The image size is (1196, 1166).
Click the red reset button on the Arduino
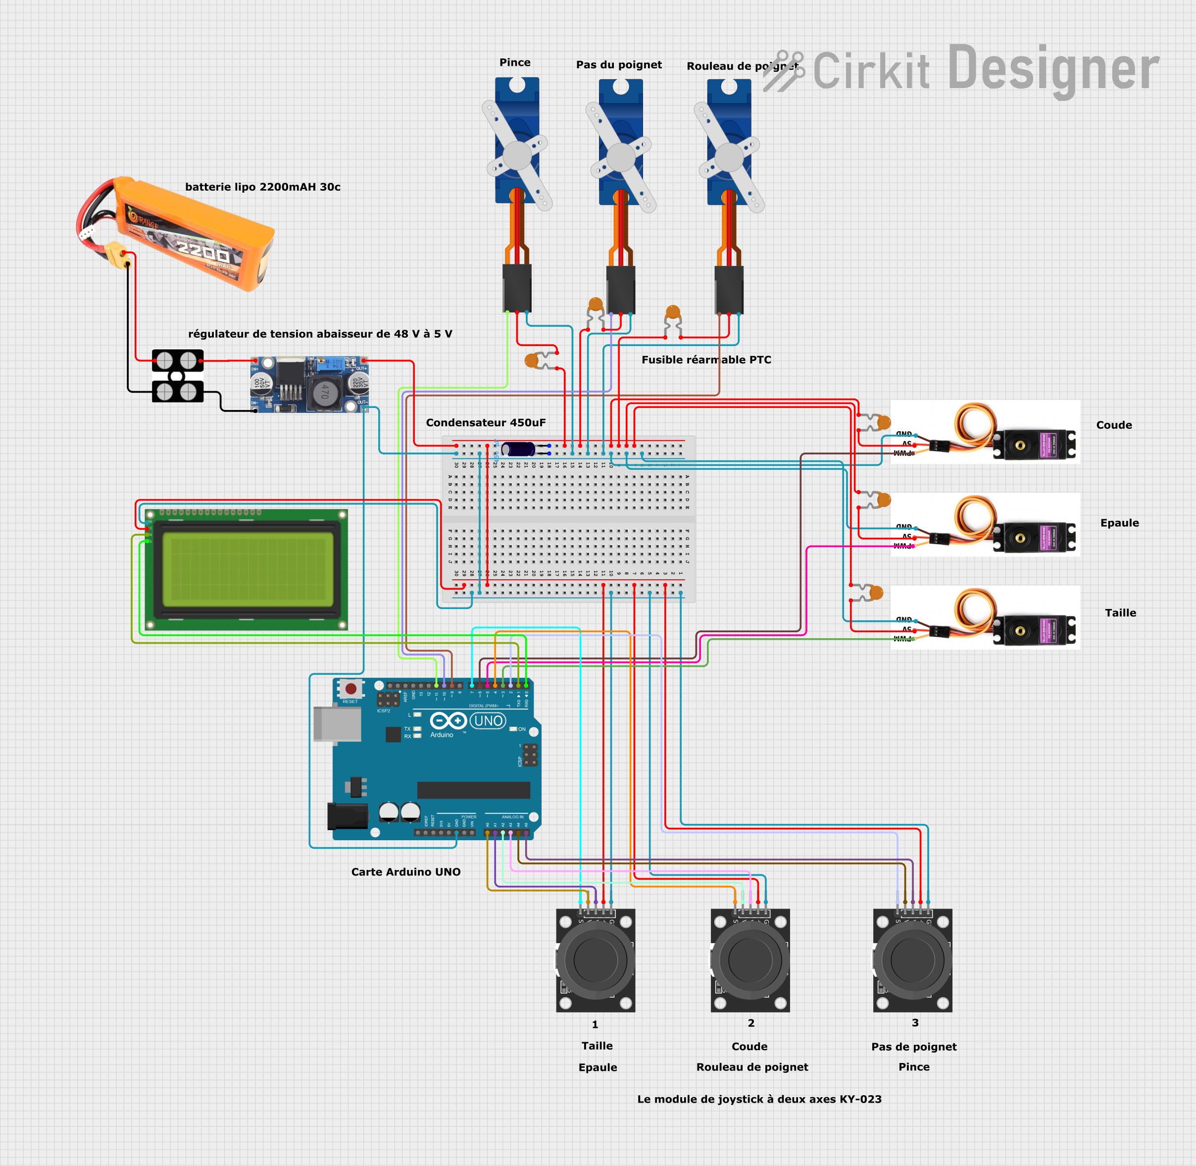(x=351, y=689)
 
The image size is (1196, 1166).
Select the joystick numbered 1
(x=595, y=960)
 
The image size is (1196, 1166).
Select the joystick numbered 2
(x=749, y=960)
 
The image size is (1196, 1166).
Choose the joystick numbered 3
(x=912, y=960)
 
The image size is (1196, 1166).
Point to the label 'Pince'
(x=514, y=62)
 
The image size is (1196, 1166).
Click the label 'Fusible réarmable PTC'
(x=706, y=359)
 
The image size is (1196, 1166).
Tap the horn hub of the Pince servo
(x=517, y=155)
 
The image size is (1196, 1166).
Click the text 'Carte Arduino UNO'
(x=405, y=871)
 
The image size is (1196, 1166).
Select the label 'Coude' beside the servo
(x=1113, y=425)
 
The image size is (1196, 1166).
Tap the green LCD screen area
(x=248, y=569)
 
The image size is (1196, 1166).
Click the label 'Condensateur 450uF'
(x=485, y=422)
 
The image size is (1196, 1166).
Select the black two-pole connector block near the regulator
(x=178, y=375)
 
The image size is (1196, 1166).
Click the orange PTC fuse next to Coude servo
(x=883, y=422)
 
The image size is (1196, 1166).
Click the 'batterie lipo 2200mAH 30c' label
(x=263, y=187)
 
